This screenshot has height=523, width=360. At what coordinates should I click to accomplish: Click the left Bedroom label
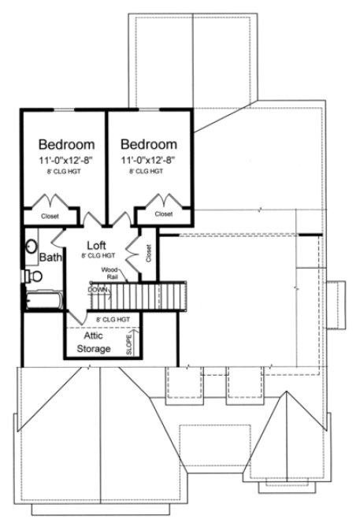coord(67,145)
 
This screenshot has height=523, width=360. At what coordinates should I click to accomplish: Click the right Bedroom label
coord(149,145)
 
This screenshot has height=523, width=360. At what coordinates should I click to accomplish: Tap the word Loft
coord(97,245)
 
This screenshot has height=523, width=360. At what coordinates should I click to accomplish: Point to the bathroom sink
coord(32,245)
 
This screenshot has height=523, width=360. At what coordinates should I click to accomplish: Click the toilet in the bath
coord(34,276)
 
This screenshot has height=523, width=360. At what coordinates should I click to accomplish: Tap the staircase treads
coord(150,299)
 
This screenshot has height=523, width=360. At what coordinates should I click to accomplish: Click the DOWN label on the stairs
coord(98,289)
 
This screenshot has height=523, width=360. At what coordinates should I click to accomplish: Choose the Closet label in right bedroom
coord(163,213)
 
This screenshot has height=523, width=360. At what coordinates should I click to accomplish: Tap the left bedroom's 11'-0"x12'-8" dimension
coord(67,160)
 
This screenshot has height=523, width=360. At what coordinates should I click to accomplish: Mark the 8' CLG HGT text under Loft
coord(99,256)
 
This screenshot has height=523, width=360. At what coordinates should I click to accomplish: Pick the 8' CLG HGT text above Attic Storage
coord(112,319)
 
